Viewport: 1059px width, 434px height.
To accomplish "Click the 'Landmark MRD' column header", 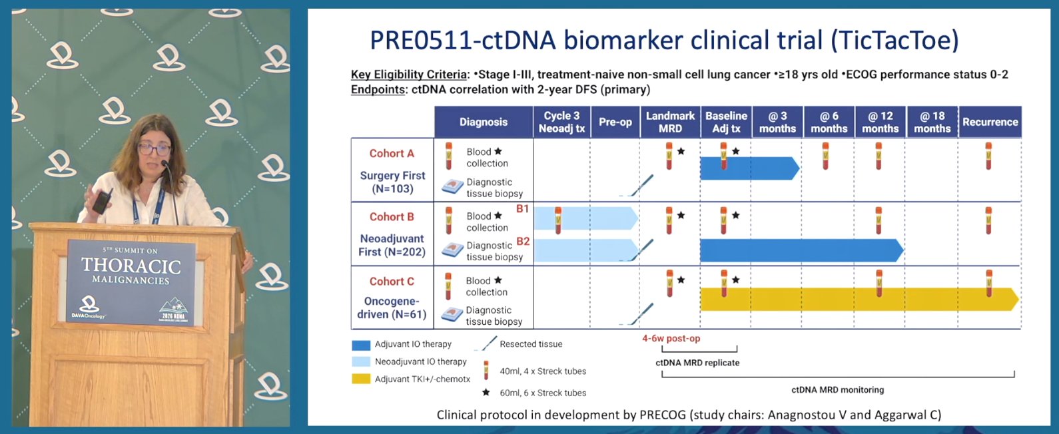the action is tap(670, 122).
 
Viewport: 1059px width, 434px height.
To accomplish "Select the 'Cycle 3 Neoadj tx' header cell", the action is tap(561, 122).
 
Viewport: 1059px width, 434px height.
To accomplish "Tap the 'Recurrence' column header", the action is tap(990, 122).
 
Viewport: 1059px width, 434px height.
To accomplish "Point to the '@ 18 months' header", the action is tap(932, 122).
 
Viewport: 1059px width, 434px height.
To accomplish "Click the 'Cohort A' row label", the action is tap(392, 154).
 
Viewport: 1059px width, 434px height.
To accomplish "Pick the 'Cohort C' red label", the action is tap(392, 282).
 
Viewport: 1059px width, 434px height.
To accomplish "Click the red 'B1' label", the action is tap(522, 209).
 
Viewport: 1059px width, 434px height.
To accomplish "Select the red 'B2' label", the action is tap(523, 242).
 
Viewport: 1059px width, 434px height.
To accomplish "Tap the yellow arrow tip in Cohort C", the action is tap(1018, 299).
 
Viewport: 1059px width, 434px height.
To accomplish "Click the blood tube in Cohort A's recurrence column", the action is tap(988, 156).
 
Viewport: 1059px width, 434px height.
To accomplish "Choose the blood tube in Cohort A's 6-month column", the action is tap(825, 156).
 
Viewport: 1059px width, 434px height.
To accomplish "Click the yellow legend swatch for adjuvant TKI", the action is tap(361, 379).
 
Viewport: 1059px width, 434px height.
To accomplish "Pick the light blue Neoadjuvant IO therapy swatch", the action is tap(361, 361).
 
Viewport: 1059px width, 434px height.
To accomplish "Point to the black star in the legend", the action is tap(486, 393).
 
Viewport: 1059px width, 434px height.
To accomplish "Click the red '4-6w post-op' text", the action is tap(671, 338).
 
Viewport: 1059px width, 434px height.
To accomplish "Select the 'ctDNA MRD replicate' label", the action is tap(697, 363).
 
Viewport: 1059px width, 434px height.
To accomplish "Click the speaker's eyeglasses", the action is tap(154, 150).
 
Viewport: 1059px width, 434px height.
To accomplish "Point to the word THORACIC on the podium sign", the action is tap(131, 266).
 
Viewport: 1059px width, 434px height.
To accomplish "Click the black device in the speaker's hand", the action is tap(102, 202).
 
